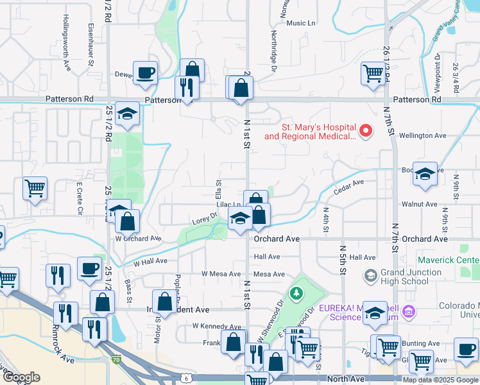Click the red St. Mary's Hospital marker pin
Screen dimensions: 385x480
click(x=366, y=130)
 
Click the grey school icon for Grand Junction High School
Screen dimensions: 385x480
click(x=370, y=275)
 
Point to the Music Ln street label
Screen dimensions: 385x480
click(x=302, y=23)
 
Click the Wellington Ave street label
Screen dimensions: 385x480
click(x=422, y=136)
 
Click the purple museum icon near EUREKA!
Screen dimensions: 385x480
click(x=409, y=312)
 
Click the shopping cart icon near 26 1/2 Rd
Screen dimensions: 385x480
click(x=373, y=73)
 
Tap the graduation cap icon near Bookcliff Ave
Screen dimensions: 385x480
click(x=425, y=174)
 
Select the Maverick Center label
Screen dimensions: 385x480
click(x=449, y=260)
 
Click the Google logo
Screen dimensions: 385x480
click(x=21, y=377)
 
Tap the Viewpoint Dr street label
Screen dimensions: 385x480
click(x=437, y=67)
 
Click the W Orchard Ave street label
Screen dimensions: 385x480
click(x=138, y=238)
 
